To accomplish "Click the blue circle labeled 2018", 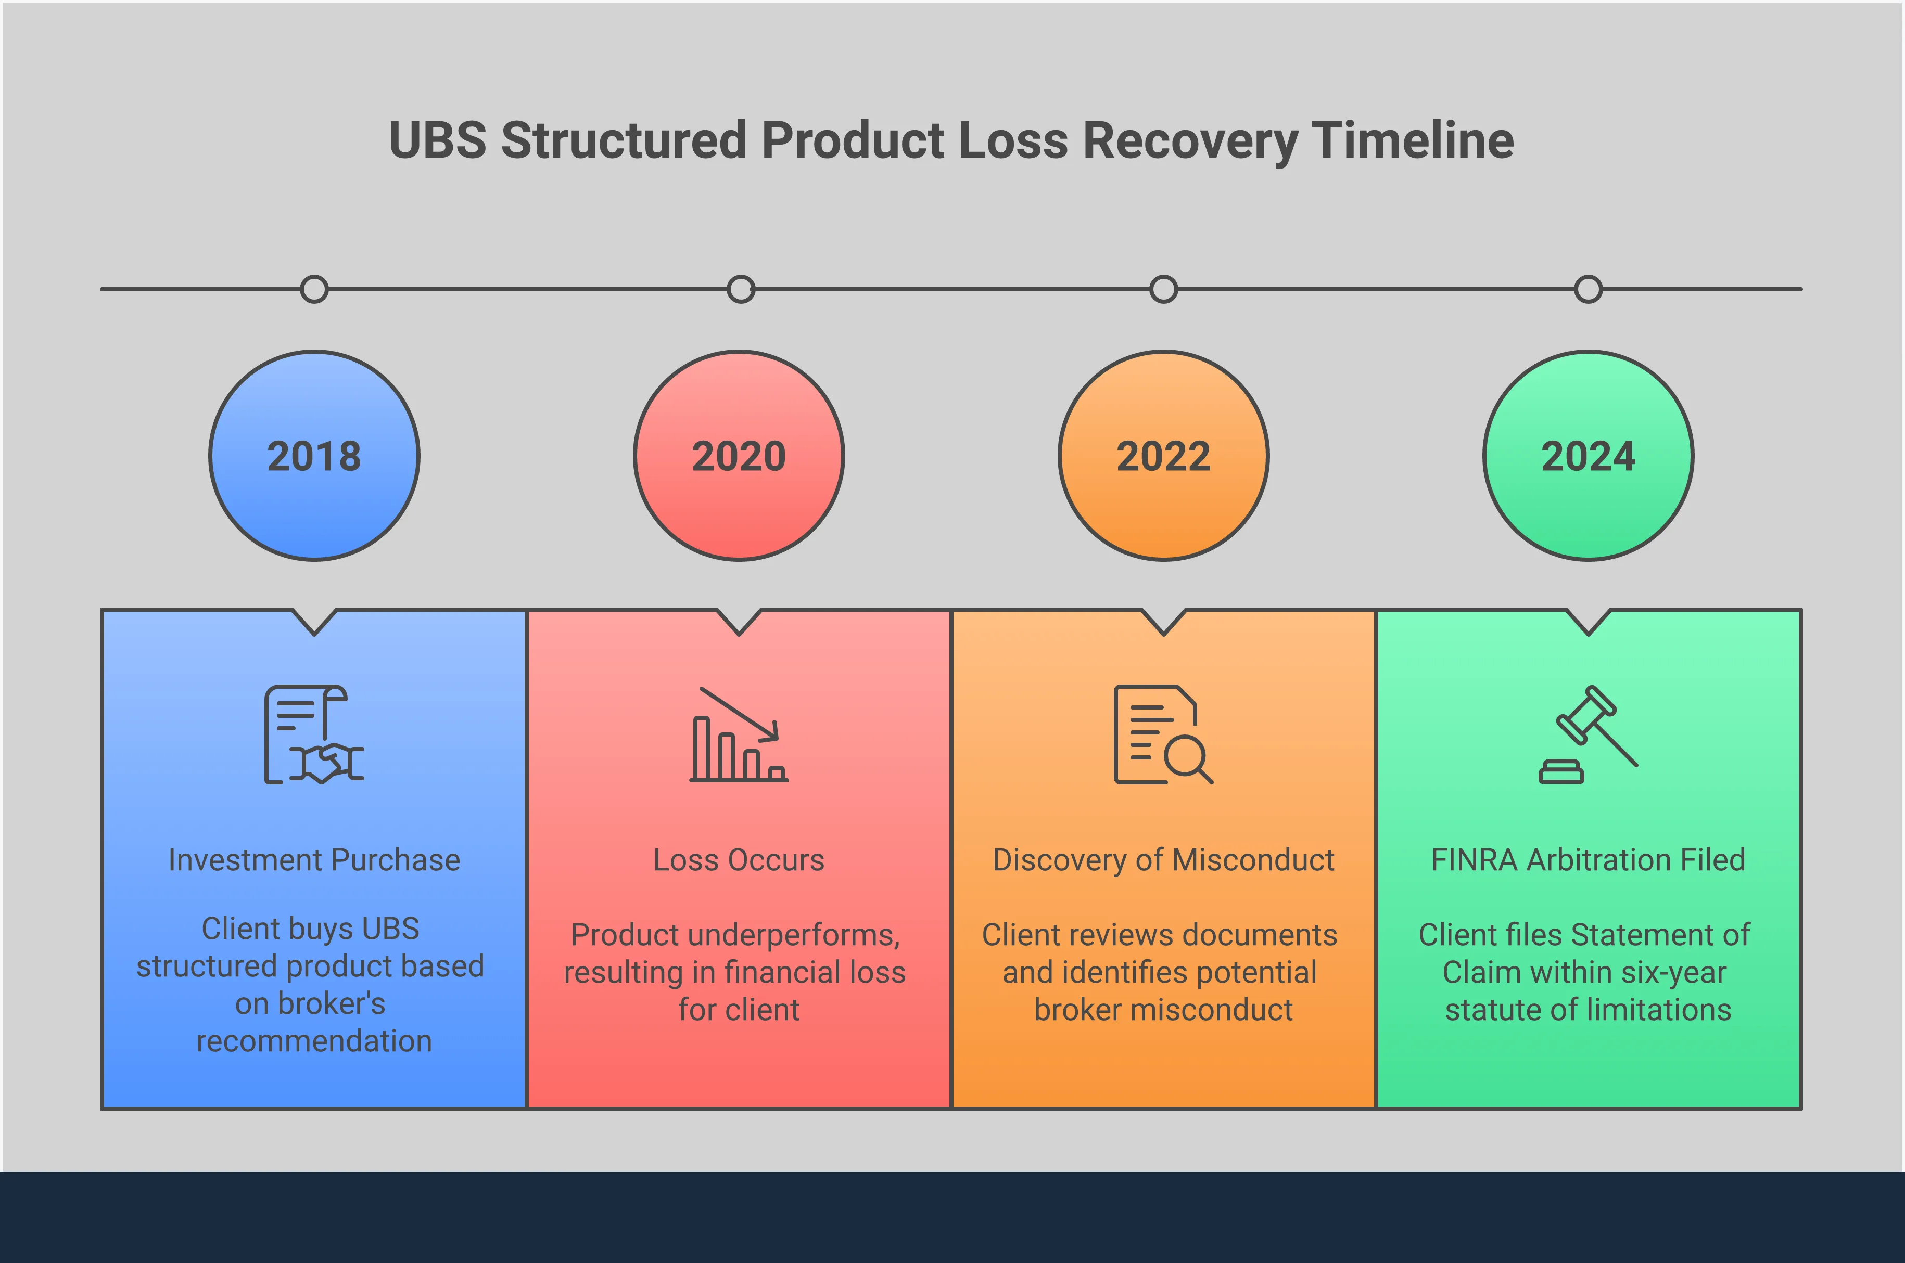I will (314, 456).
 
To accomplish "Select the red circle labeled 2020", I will (739, 456).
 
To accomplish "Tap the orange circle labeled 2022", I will (1164, 456).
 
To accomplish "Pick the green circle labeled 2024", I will (1589, 456).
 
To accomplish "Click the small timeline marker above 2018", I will (314, 289).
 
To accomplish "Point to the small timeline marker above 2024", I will (1589, 289).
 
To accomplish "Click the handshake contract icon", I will (314, 734).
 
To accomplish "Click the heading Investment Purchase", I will (314, 860).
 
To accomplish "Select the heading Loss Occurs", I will (739, 860).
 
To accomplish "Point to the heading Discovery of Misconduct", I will (1164, 860).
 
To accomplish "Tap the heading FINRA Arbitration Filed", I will (1589, 860).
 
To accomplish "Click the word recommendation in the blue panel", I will (314, 1041).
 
